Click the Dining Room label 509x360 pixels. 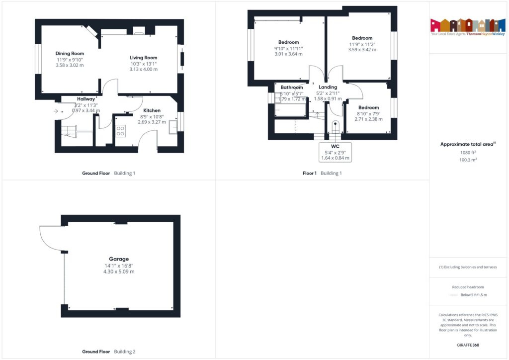click(70, 53)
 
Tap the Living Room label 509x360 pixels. click(143, 58)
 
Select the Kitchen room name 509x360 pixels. click(152, 110)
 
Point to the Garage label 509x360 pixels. click(119, 259)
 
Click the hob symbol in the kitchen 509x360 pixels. click(120, 131)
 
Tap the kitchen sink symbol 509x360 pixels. click(173, 127)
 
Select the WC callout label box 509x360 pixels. click(335, 152)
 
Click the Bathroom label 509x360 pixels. click(292, 88)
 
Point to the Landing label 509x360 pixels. click(328, 88)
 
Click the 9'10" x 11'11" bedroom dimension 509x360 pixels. click(288, 48)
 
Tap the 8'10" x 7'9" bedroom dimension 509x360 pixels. click(368, 113)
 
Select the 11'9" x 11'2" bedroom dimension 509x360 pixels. click(362, 44)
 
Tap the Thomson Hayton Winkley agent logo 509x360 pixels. click(467, 27)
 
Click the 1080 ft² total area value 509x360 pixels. click(467, 153)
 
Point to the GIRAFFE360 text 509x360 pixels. click(467, 345)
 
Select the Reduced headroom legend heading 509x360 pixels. click(467, 287)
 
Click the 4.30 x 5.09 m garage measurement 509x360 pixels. click(119, 271)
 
